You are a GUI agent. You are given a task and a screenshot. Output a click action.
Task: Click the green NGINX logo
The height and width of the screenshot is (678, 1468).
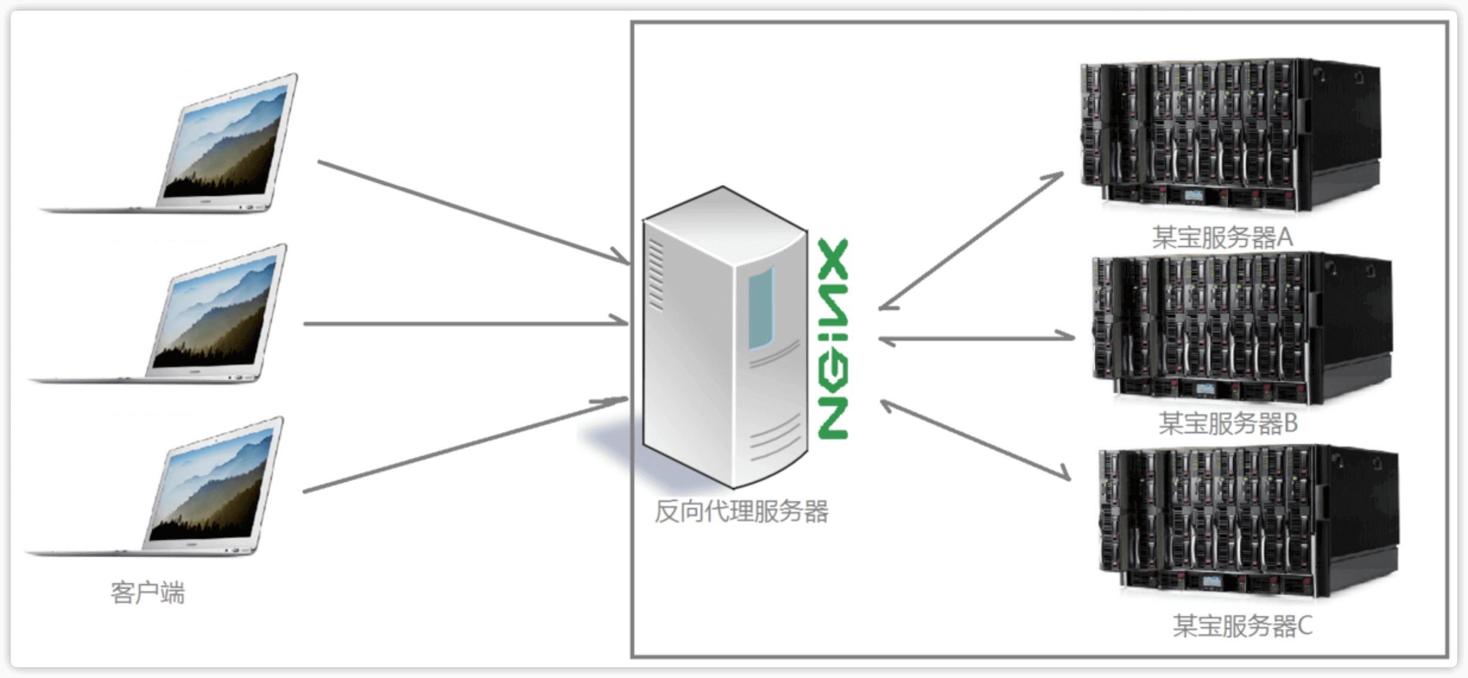pos(833,339)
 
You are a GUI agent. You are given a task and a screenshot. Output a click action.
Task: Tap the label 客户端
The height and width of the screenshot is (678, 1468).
pos(148,593)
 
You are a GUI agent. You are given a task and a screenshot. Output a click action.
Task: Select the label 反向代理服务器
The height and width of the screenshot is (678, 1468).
pos(741,512)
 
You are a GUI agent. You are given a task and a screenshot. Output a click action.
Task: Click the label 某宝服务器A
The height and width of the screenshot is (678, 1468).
pos(1222,238)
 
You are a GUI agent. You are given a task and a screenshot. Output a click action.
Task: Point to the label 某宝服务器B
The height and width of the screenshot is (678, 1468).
pos(1228,423)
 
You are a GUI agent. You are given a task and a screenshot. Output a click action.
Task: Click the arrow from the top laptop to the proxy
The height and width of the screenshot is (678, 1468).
pos(473,212)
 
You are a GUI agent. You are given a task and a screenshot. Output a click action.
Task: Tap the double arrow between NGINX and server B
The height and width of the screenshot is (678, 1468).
pos(977,338)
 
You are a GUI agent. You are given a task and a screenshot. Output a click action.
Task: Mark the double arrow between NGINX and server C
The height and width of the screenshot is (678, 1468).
pos(975,440)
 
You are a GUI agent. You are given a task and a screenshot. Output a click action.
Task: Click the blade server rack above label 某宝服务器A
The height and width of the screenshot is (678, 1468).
pos(1228,135)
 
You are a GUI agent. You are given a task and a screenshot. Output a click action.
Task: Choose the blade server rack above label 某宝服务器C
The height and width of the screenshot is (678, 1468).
pos(1246,521)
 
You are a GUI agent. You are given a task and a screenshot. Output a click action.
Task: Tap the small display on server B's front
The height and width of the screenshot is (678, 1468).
pos(1204,390)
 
